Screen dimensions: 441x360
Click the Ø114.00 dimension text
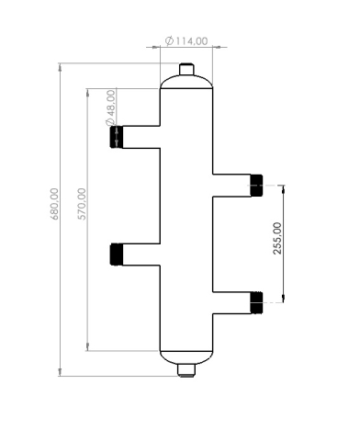point(186,41)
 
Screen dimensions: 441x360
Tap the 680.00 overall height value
point(54,204)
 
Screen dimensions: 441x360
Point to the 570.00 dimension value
point(81,204)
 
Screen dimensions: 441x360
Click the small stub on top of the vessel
point(186,70)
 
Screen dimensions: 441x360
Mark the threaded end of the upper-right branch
point(256,185)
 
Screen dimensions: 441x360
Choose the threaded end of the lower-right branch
point(256,301)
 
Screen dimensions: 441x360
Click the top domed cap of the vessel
point(186,84)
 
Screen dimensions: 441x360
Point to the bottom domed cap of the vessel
point(186,356)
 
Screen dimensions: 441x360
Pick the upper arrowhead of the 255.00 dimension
point(283,188)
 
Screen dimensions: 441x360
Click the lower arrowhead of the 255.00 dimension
point(283,297)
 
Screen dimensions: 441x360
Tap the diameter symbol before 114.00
point(170,41)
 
